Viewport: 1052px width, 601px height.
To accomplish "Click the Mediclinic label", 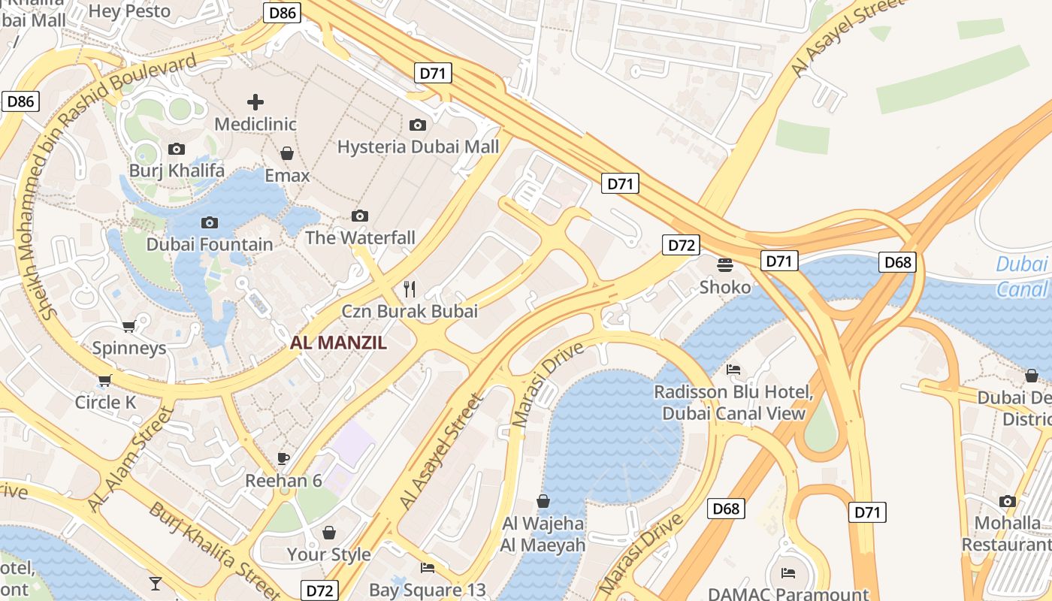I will (255, 124).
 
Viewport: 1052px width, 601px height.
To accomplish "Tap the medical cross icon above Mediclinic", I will (255, 101).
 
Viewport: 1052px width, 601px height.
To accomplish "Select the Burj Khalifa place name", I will (177, 171).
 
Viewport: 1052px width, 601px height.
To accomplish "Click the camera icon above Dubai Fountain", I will (210, 222).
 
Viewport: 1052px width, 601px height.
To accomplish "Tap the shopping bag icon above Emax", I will (286, 154).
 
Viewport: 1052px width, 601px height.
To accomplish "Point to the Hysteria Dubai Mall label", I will (418, 146).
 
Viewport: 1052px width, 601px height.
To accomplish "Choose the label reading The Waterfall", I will (360, 238).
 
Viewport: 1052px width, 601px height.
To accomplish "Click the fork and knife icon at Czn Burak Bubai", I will (410, 288).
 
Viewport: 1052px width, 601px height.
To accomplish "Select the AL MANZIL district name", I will (338, 343).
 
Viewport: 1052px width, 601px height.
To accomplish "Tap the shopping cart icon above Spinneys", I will (128, 327).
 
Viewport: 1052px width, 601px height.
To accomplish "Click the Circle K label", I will (105, 402).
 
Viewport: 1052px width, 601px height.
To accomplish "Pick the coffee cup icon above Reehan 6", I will (283, 458).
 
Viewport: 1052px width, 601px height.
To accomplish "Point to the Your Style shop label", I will (328, 554).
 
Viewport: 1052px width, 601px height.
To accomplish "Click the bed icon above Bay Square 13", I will (428, 567).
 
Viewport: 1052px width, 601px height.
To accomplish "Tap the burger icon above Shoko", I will (725, 264).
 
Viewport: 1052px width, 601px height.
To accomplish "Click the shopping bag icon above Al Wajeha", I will (543, 501).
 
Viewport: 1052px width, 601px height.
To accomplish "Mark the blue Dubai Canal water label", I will (1022, 276).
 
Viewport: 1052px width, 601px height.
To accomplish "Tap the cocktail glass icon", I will (155, 583).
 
